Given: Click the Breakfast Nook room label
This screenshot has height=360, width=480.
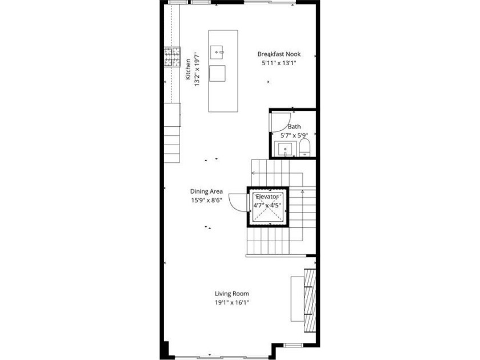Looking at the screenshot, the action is point(279,54).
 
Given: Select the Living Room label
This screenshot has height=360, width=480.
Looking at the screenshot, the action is point(232,294).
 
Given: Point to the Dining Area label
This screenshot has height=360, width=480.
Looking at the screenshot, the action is point(206,191).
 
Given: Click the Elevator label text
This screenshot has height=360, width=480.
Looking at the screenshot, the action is point(267,197).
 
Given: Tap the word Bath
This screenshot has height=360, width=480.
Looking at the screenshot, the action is point(294,126).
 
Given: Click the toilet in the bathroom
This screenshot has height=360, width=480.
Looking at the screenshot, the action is point(305,147).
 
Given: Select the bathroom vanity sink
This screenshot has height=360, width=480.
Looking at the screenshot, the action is point(285,149).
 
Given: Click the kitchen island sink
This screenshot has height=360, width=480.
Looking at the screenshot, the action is point(217,53).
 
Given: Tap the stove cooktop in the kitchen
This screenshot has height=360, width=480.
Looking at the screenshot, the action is point(173,57).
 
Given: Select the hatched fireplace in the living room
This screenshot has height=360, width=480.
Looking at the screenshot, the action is point(310,301).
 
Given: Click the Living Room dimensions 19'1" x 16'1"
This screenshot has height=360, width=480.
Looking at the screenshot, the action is point(232,303).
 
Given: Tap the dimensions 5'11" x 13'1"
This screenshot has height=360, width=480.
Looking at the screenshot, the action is point(279,63).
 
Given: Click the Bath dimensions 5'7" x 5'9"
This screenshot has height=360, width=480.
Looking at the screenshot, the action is point(294,135).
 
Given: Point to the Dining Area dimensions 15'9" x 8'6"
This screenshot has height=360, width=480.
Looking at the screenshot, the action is point(206,201).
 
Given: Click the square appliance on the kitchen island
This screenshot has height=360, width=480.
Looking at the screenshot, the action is point(217,74).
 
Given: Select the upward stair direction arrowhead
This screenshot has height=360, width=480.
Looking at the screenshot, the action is point(302,191).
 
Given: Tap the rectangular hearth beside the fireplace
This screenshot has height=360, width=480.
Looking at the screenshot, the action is point(297,299).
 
